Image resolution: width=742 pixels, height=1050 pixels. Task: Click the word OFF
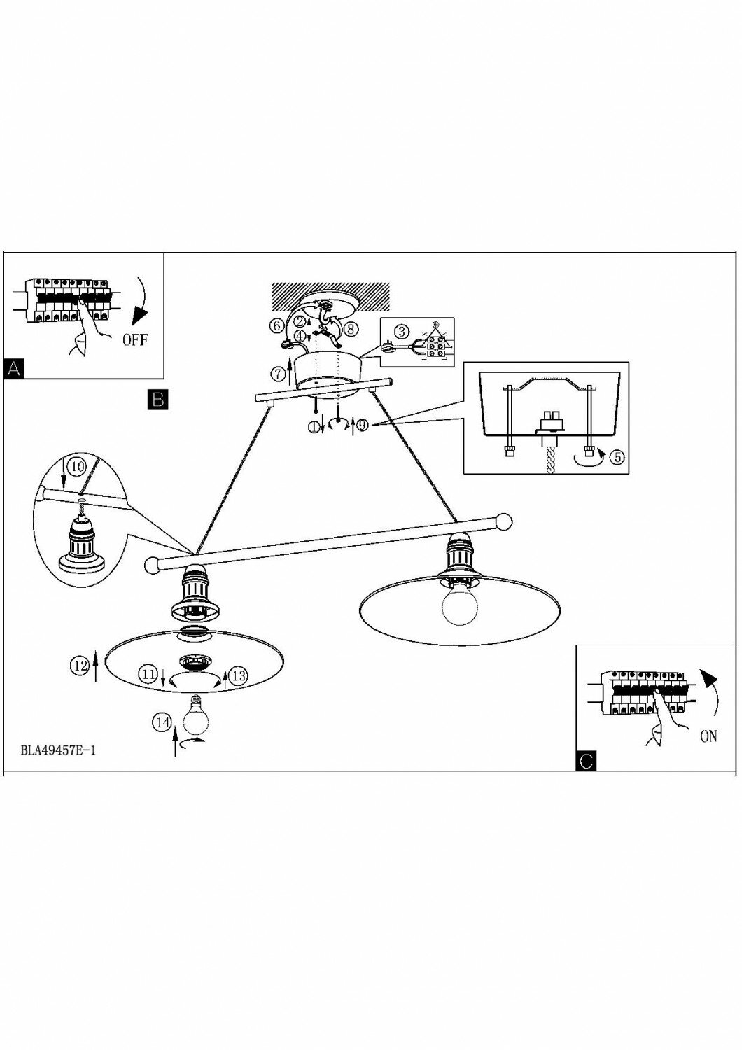(136, 340)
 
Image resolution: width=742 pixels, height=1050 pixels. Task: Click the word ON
(708, 736)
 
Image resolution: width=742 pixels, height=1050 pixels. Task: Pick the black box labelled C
(587, 761)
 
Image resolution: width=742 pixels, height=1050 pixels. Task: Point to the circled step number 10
(78, 465)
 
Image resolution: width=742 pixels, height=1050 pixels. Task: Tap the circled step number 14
(163, 722)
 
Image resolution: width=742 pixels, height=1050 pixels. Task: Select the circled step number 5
(617, 457)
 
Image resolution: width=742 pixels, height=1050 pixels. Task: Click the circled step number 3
(401, 331)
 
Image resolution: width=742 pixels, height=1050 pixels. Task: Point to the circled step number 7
(278, 373)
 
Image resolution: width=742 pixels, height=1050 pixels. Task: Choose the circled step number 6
(277, 325)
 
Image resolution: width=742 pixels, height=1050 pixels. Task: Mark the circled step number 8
(351, 326)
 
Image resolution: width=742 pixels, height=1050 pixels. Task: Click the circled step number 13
(239, 675)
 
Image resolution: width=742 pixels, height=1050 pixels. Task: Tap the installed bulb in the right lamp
(458, 606)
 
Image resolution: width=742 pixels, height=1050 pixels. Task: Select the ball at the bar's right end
(504, 522)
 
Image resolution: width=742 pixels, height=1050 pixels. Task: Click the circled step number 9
(361, 425)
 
